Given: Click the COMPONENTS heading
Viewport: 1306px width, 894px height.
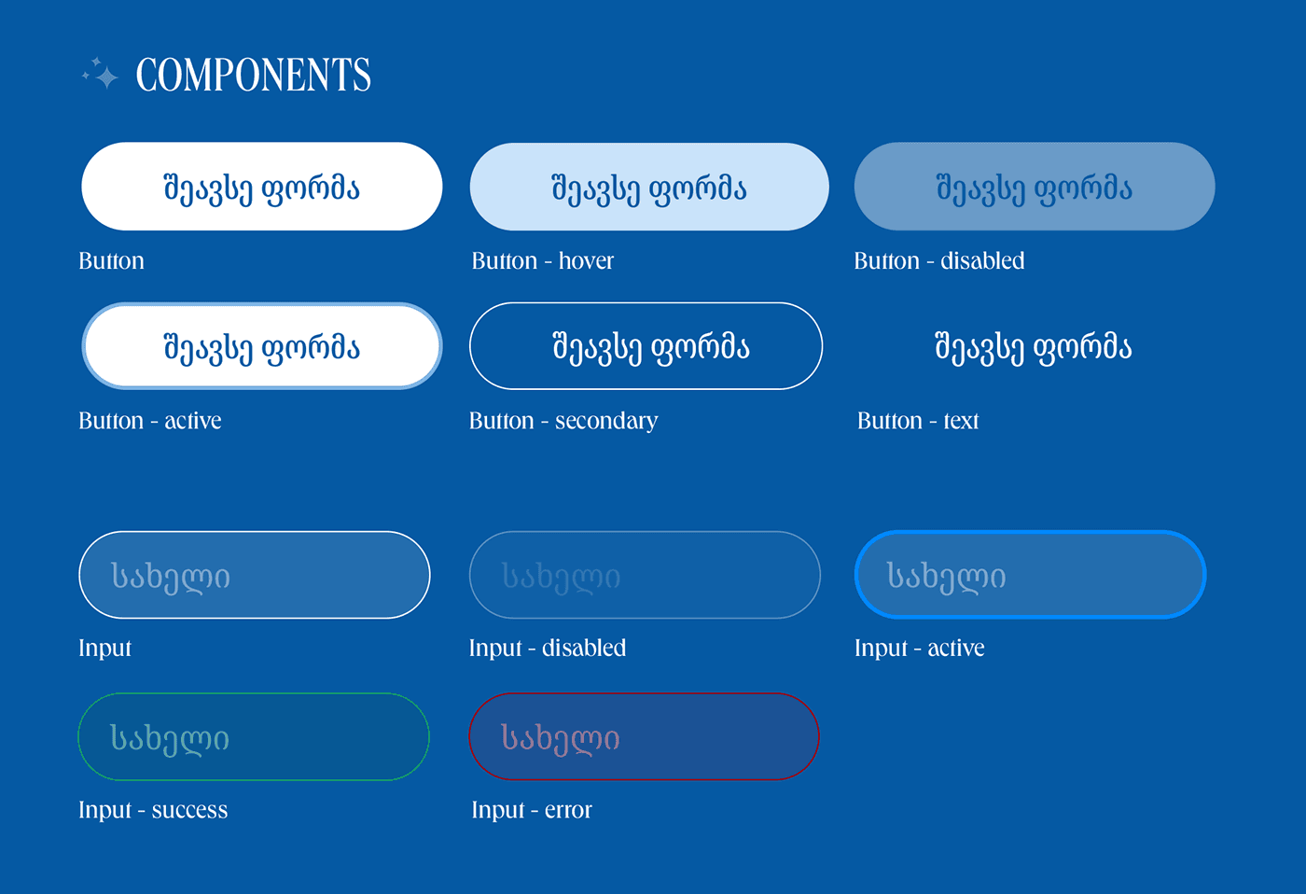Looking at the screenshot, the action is [253, 75].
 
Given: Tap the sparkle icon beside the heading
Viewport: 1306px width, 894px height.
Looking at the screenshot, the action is [101, 74].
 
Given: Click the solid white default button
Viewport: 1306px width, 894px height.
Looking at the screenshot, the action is [262, 186].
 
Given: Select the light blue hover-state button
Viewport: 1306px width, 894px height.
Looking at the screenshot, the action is [649, 186].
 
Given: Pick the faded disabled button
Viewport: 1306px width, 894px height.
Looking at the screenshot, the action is [1035, 186].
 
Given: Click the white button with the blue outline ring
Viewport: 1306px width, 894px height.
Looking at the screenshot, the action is [262, 346].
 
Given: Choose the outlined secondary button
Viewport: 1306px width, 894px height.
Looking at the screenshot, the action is [646, 346].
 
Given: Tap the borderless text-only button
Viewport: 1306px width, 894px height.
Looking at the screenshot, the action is [1034, 346].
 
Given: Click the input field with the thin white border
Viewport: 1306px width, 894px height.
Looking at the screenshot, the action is [254, 575].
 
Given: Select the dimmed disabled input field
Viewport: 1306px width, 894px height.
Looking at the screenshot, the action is [645, 575].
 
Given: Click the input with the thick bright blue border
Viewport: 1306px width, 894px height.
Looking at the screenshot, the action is [1030, 575].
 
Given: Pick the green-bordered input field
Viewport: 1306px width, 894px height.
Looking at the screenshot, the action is [254, 736].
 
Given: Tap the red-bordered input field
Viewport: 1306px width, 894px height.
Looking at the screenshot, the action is [645, 736].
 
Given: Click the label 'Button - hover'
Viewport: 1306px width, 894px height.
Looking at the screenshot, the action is [542, 260].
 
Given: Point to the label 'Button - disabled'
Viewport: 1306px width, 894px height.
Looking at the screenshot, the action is [939, 260].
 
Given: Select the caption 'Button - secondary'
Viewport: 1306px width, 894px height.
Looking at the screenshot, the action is [563, 421].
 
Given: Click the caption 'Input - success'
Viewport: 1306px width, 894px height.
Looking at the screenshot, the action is [153, 810].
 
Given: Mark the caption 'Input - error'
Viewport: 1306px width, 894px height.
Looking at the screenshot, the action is [531, 810].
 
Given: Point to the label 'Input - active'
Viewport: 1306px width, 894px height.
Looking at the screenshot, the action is [920, 649].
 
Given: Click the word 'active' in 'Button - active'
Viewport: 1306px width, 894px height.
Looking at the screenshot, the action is [193, 421].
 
